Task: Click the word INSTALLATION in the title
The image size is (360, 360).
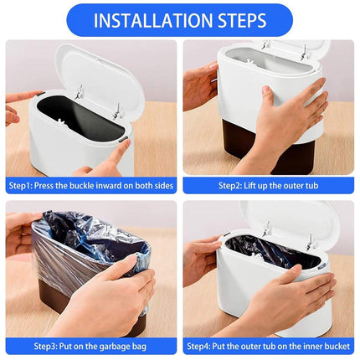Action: (x=153, y=20)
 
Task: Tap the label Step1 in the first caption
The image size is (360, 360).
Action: (x=20, y=186)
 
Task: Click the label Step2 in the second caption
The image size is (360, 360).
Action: (x=230, y=186)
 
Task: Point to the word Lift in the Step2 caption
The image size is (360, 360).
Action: (x=249, y=186)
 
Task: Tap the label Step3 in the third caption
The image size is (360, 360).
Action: (x=45, y=347)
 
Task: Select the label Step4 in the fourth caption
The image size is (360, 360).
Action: (x=198, y=347)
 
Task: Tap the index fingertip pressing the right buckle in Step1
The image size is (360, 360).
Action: (x=127, y=142)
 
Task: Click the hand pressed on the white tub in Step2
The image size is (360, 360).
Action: (x=291, y=117)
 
